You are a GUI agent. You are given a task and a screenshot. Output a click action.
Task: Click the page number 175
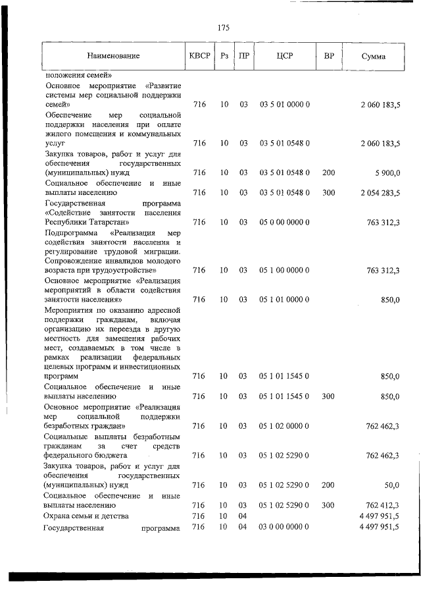(x=223, y=28)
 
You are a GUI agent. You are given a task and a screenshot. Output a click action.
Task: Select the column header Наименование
(x=113, y=57)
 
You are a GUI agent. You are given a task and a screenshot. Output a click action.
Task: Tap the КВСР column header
(x=200, y=56)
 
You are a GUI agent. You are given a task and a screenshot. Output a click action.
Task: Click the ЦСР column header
(x=285, y=56)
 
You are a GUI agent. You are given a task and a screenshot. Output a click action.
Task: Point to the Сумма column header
(x=373, y=57)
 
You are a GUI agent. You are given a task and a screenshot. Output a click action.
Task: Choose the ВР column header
(x=329, y=56)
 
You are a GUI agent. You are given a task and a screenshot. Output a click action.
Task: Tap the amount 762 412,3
(x=382, y=505)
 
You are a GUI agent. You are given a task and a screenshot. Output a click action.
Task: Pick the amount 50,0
(x=392, y=485)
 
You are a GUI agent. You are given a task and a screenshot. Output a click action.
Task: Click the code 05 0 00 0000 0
(x=285, y=223)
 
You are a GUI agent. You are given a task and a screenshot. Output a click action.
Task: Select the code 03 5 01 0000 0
(x=285, y=105)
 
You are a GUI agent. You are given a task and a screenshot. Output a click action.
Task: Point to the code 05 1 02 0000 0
(x=285, y=427)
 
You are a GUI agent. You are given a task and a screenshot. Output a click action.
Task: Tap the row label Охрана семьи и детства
(x=86, y=516)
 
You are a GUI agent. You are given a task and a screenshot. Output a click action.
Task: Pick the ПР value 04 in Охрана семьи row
(x=243, y=516)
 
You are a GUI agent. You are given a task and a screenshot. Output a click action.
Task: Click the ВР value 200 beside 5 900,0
(x=329, y=173)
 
